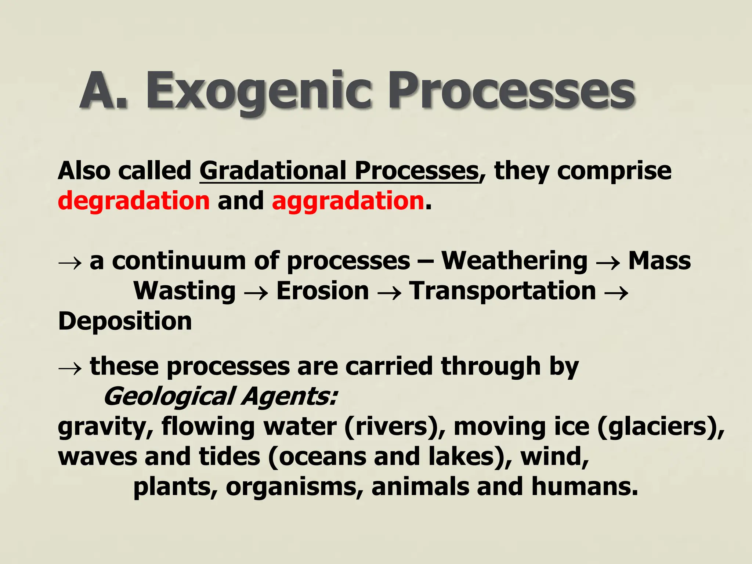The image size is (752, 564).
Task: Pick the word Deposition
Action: click(125, 321)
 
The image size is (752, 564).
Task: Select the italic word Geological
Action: click(169, 397)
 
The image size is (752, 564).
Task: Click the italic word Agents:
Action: click(290, 397)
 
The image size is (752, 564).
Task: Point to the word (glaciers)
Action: click(661, 427)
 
